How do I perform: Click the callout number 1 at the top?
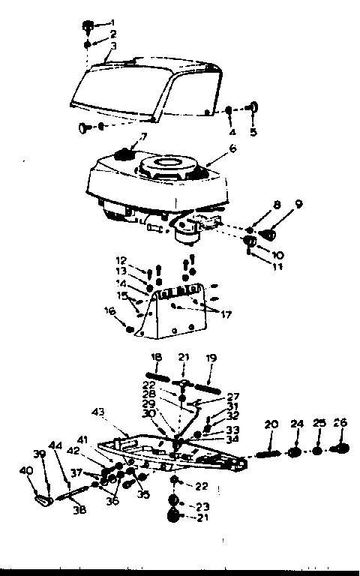(113, 22)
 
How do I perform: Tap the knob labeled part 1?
(85, 27)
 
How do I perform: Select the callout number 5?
(253, 132)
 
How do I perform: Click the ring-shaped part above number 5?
(252, 107)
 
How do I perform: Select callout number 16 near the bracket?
(110, 309)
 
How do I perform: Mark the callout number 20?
(271, 424)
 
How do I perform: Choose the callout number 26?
(341, 423)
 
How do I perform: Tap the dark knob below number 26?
(341, 448)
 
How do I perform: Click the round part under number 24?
(295, 452)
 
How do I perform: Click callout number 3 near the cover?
(113, 46)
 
